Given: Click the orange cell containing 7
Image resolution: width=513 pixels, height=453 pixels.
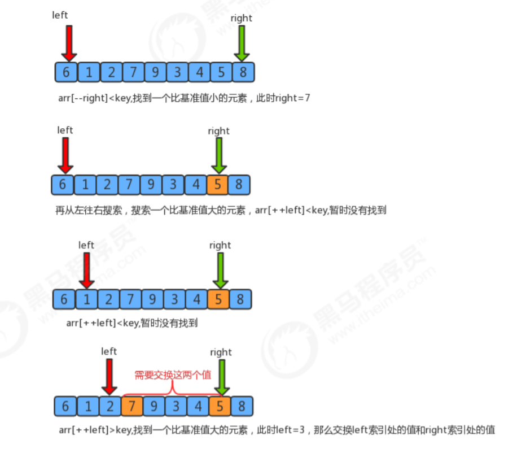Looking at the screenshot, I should [x=132, y=406].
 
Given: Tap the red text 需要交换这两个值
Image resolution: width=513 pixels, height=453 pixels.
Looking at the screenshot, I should [x=173, y=374].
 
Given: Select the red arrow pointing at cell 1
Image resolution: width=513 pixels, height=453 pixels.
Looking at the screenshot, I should [x=86, y=270].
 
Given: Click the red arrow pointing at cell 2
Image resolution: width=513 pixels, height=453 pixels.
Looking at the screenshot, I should [x=109, y=377].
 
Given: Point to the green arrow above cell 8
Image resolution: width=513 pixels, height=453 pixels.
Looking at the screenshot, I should [x=242, y=43].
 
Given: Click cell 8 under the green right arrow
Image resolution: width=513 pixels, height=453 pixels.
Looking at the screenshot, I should [x=243, y=72].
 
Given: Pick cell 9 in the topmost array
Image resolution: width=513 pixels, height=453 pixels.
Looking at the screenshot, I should [x=155, y=72].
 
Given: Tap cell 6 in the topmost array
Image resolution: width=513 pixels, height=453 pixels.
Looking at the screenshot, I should [x=67, y=72].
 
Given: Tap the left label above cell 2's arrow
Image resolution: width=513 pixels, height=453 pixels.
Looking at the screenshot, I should [x=109, y=351].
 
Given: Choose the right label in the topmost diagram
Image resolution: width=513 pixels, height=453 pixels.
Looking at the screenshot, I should [x=242, y=18].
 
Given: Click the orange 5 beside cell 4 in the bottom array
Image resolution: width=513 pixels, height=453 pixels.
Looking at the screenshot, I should [x=220, y=406].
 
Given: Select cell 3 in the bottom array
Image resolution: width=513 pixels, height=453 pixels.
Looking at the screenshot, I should [x=176, y=406].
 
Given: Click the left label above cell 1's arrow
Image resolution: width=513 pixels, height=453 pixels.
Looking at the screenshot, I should [x=86, y=245].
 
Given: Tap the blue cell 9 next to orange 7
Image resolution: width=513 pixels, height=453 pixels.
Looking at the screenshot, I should [x=154, y=406].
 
